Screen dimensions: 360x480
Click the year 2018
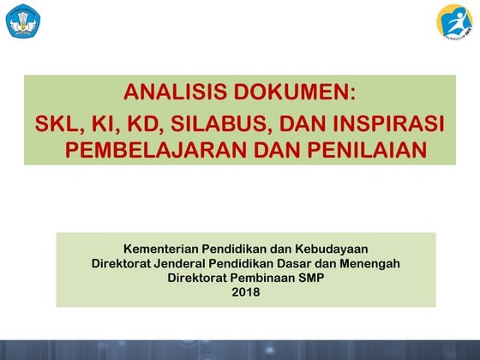(245, 292)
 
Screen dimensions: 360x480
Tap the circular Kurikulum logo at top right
(454, 21)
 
